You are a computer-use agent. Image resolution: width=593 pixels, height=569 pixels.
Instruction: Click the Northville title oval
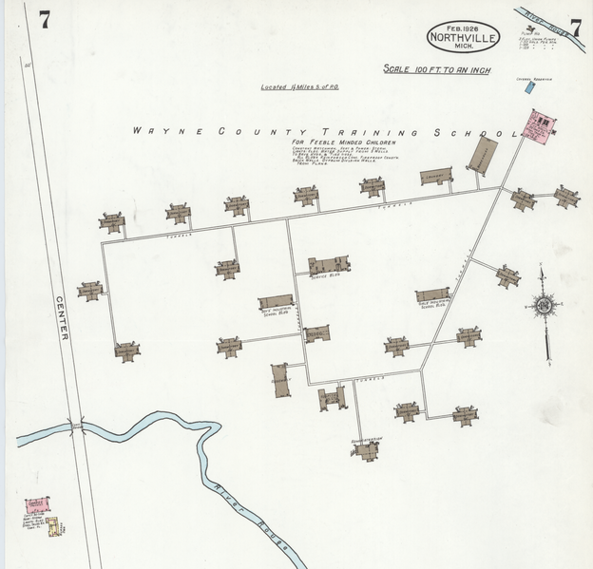(465, 36)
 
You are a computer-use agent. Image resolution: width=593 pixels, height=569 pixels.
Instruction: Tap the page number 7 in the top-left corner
(45, 18)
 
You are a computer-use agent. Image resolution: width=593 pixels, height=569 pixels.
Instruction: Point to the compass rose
(544, 306)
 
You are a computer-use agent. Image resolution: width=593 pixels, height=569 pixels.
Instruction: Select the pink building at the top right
(538, 127)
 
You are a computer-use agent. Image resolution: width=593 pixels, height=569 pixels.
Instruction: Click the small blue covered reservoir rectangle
(528, 87)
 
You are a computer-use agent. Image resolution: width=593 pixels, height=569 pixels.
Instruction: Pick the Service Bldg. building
(329, 266)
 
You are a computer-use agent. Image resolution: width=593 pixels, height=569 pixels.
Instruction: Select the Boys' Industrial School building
(277, 303)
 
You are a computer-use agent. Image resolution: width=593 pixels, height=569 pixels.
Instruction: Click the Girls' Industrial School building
(432, 295)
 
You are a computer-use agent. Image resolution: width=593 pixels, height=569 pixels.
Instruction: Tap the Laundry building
(436, 176)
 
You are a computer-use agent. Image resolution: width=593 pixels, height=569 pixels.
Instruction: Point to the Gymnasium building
(484, 155)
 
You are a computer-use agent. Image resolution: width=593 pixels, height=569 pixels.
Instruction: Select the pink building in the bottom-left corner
(38, 503)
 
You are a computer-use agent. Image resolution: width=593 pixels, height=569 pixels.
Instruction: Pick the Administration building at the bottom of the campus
(367, 449)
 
